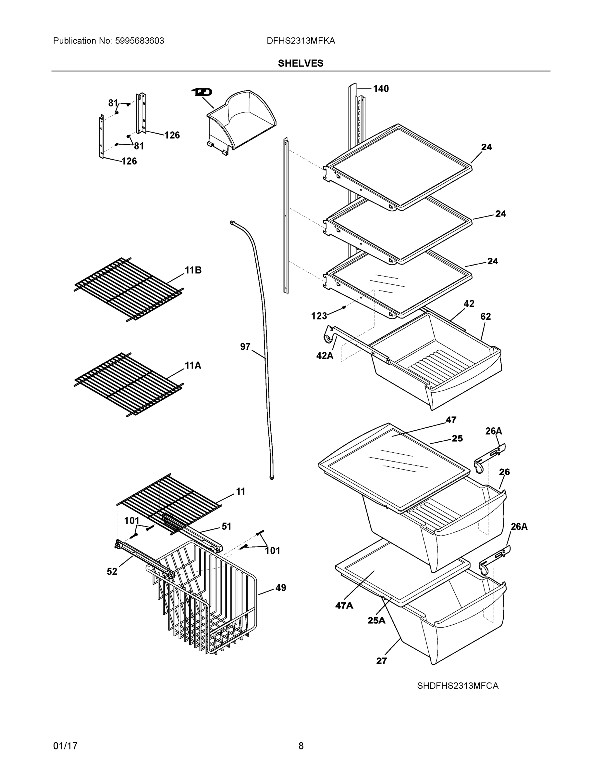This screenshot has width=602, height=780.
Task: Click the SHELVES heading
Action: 300,63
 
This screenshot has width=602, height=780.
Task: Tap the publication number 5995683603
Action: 140,41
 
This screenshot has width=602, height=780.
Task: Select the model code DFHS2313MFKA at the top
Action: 301,41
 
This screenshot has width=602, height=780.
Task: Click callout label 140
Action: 381,89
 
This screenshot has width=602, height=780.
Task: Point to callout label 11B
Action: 193,270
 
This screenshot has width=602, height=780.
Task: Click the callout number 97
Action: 245,347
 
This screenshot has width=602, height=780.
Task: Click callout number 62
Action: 485,317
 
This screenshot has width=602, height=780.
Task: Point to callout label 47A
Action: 344,605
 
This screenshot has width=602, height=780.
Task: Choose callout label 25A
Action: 376,620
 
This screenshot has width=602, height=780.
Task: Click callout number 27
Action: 381,661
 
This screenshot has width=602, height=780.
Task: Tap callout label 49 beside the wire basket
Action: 281,588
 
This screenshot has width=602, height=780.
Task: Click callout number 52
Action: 112,571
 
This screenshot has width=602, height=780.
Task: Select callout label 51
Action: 226,526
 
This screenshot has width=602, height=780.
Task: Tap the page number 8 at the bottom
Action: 301,746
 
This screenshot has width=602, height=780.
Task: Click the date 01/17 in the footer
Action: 65,746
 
